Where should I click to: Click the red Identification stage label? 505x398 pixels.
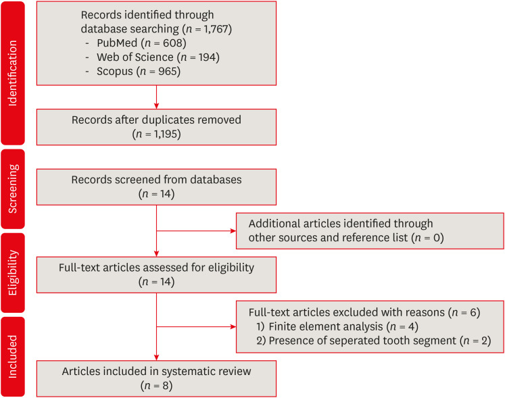pyautogui.click(x=12, y=72)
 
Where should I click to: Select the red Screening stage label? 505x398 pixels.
pyautogui.click(x=12, y=188)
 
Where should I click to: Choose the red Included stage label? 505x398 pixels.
pyautogui.click(x=12, y=356)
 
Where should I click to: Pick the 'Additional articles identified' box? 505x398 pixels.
pyautogui.click(x=369, y=230)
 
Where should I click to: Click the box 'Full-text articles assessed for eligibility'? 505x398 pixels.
pyautogui.click(x=156, y=274)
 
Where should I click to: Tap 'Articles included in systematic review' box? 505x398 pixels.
pyautogui.click(x=156, y=378)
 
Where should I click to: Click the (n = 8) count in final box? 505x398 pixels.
pyautogui.click(x=157, y=385)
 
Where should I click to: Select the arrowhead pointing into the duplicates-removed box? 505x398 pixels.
pyautogui.click(x=157, y=106)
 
